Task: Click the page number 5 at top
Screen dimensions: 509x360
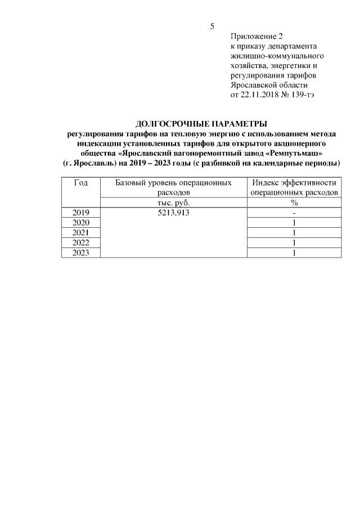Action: (x=212, y=26)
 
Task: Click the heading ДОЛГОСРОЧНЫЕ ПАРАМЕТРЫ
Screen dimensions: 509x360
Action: (x=201, y=124)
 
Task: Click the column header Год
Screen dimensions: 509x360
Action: (x=80, y=183)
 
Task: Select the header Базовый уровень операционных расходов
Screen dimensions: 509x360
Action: (x=173, y=187)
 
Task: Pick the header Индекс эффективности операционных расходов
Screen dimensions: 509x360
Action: (x=294, y=187)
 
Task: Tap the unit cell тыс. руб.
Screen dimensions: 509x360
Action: (x=173, y=202)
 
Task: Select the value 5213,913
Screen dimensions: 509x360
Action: (x=173, y=213)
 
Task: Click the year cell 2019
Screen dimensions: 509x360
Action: (x=80, y=213)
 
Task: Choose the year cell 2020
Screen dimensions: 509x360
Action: (x=80, y=223)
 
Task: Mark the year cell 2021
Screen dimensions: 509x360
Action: (x=80, y=233)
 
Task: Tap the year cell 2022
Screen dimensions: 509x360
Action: (x=80, y=243)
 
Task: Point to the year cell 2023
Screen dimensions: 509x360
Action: (x=80, y=253)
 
